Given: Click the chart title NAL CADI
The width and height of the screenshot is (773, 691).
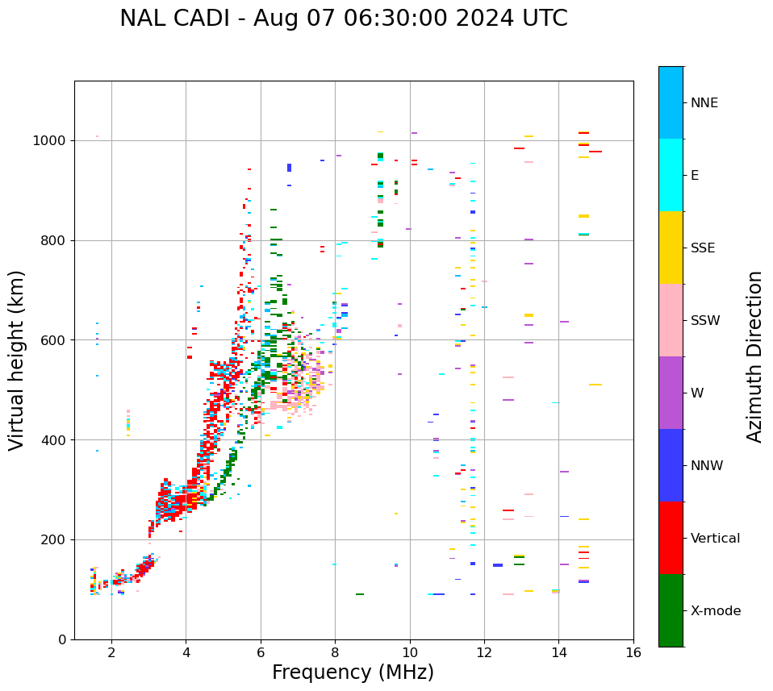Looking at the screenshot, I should (343, 19).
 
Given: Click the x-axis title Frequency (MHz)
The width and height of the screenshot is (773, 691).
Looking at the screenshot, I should (353, 672).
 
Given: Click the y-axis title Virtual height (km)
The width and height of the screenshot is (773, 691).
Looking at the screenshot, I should (17, 360).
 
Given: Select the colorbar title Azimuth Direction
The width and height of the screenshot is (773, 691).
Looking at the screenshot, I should (754, 356).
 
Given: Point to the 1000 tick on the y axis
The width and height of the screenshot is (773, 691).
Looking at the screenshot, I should (49, 140).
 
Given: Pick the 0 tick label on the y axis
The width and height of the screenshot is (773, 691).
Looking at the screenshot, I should (62, 639).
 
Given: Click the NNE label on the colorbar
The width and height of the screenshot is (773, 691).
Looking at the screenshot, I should (704, 103).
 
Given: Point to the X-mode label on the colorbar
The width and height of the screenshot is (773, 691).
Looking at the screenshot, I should (716, 611).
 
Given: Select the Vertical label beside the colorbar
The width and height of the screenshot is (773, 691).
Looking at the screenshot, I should (715, 539).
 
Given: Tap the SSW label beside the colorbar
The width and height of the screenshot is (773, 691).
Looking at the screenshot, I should (705, 321).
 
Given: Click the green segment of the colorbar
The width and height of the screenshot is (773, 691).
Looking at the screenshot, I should (671, 610).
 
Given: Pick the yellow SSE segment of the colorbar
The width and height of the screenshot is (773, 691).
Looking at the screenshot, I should (671, 248).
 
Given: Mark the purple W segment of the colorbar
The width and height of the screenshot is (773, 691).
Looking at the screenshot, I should (671, 393).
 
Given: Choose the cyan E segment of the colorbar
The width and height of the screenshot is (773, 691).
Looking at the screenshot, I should (671, 175).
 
